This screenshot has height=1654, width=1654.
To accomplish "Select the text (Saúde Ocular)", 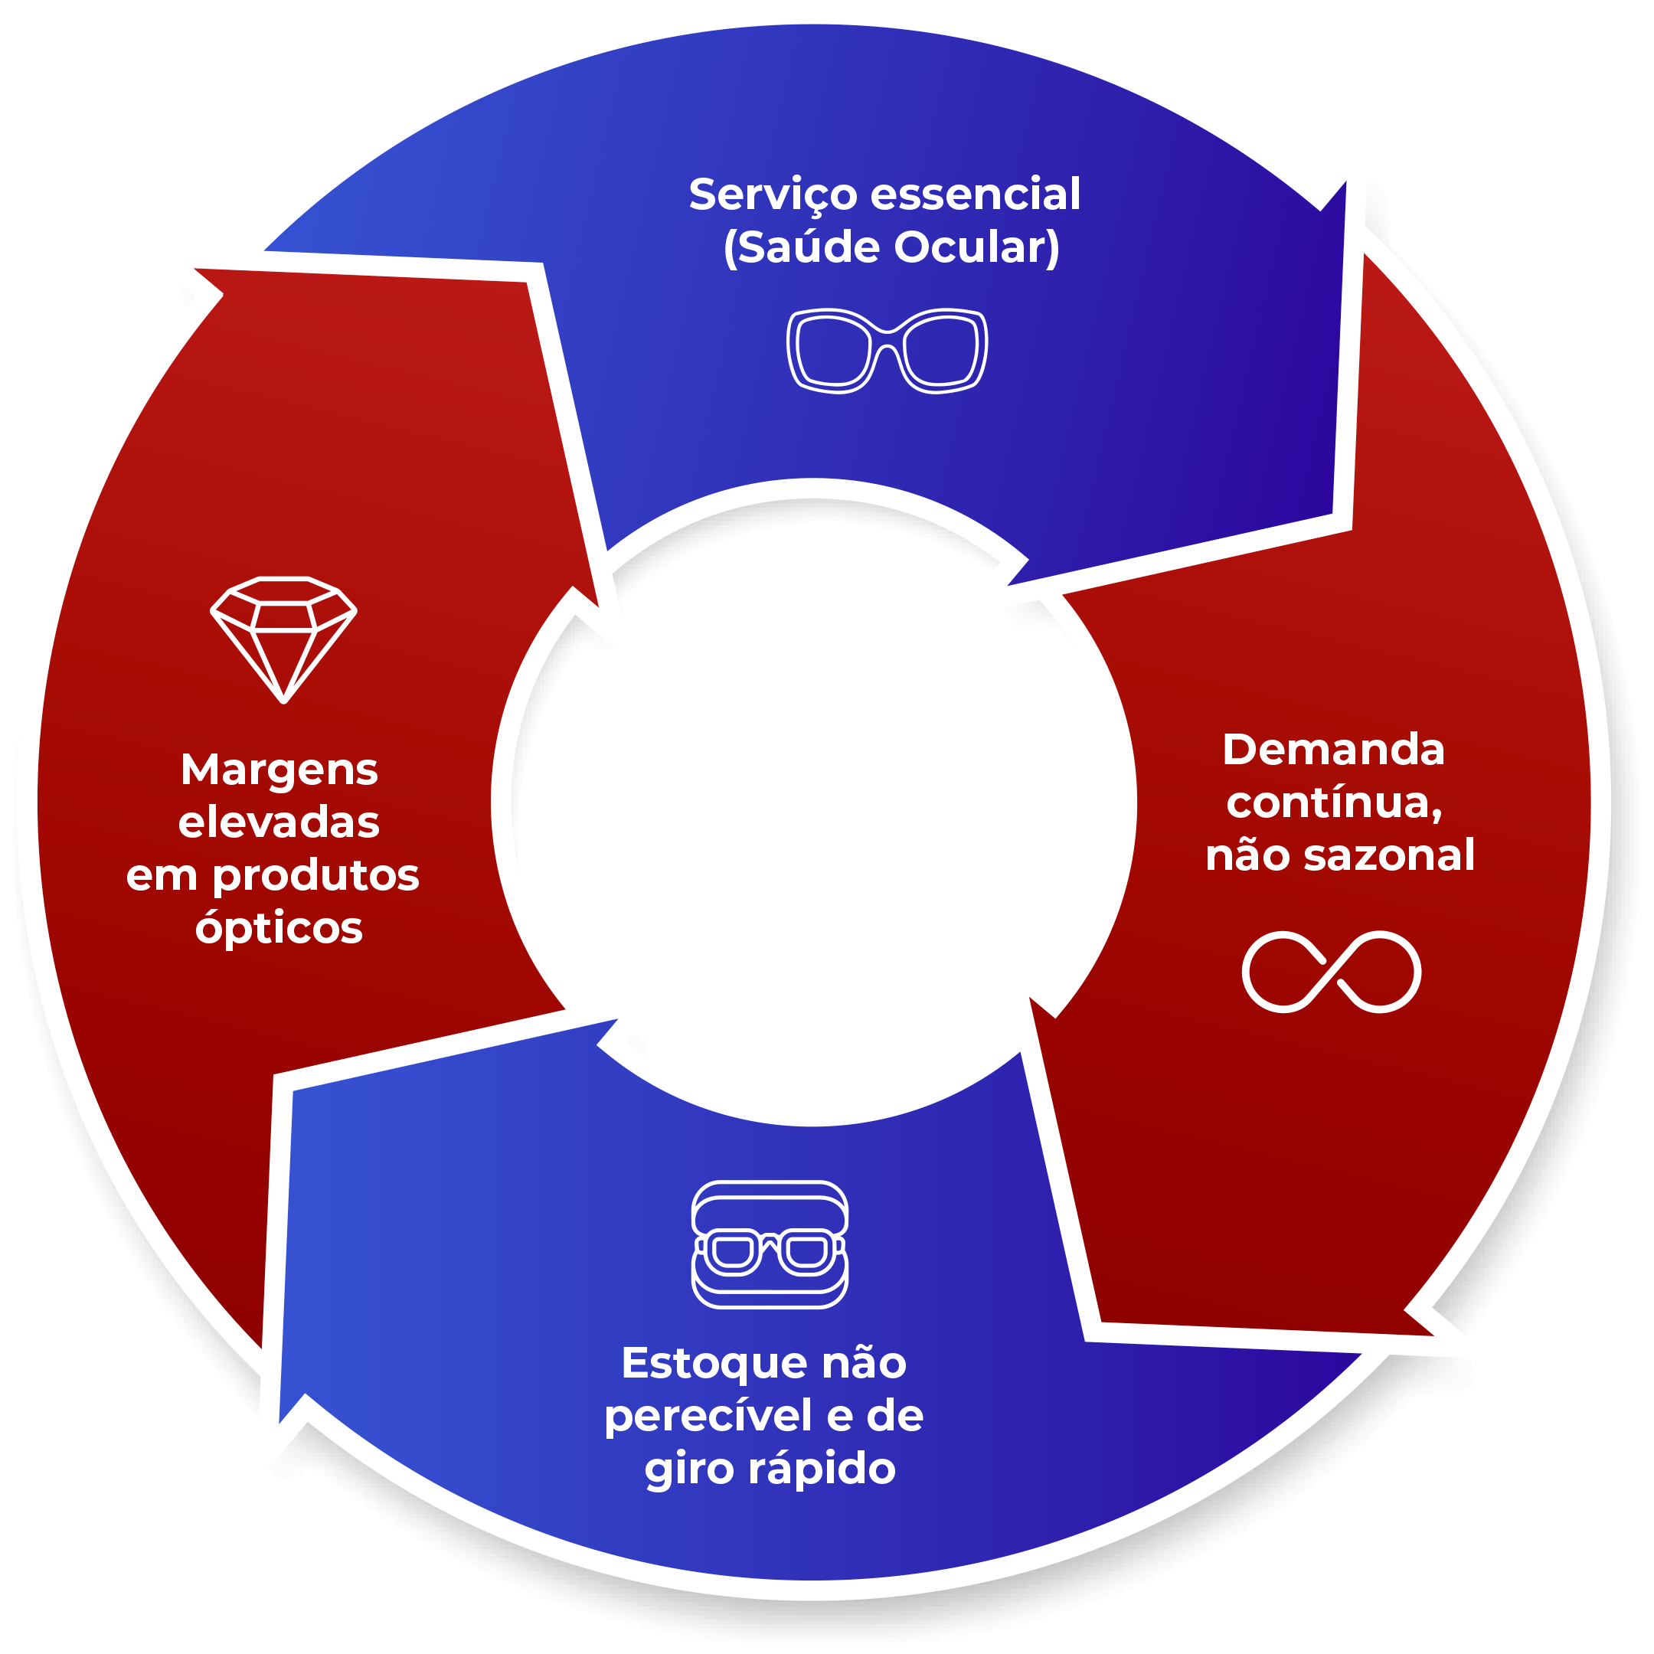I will pyautogui.click(x=891, y=248).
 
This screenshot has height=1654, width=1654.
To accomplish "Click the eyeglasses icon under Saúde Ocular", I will pyautogui.click(x=887, y=350).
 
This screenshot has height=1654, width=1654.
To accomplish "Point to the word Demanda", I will pyautogui.click(x=1333, y=750).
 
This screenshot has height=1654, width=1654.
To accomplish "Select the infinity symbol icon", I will pyautogui.click(x=1332, y=972).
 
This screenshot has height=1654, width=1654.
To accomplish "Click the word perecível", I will pyautogui.click(x=708, y=1417).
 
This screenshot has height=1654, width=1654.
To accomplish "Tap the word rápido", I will pyautogui.click(x=822, y=1469).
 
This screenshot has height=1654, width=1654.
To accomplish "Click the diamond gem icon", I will pyautogui.click(x=283, y=639).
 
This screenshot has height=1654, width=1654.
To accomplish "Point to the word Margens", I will pyautogui.click(x=279, y=770).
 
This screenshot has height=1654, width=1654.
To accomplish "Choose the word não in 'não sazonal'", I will pyautogui.click(x=1248, y=856).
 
